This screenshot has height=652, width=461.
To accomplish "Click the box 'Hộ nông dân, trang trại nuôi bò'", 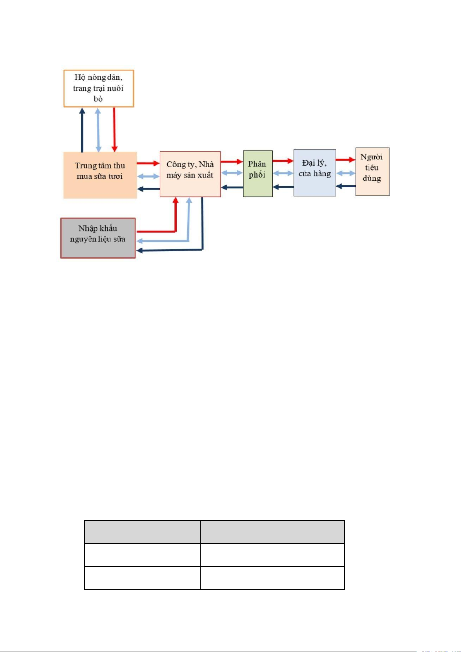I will pyautogui.click(x=99, y=88).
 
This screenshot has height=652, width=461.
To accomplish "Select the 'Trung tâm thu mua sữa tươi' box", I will pyautogui.click(x=100, y=175).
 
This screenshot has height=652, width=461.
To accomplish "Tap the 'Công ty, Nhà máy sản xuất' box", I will pyautogui.click(x=190, y=174).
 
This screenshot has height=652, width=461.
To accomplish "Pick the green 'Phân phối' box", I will pyautogui.click(x=258, y=174).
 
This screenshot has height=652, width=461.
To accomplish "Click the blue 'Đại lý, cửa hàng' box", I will pyautogui.click(x=314, y=173).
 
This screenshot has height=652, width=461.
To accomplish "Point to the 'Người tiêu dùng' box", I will pyautogui.click(x=372, y=171).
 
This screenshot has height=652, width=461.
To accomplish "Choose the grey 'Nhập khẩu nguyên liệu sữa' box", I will pyautogui.click(x=98, y=238).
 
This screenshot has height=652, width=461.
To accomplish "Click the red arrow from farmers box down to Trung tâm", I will pyautogui.click(x=114, y=129).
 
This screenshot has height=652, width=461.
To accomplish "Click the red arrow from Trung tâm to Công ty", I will pyautogui.click(x=148, y=163).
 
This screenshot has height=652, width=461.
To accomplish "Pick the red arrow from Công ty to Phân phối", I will pyautogui.click(x=232, y=162).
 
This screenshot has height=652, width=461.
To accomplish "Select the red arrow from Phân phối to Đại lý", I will pyautogui.click(x=283, y=161).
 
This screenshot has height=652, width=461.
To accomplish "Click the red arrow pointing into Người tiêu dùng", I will pyautogui.click(x=345, y=159).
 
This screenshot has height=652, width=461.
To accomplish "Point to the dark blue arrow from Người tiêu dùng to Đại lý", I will pyautogui.click(x=345, y=186).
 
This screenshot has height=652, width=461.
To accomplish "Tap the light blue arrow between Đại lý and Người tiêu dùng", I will pyautogui.click(x=346, y=173).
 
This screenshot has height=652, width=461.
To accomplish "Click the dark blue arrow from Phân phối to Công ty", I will pyautogui.click(x=232, y=187).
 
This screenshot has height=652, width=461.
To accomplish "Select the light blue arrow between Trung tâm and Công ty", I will pyautogui.click(x=148, y=176).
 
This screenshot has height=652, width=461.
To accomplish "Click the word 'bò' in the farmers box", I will pyautogui.click(x=98, y=99).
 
